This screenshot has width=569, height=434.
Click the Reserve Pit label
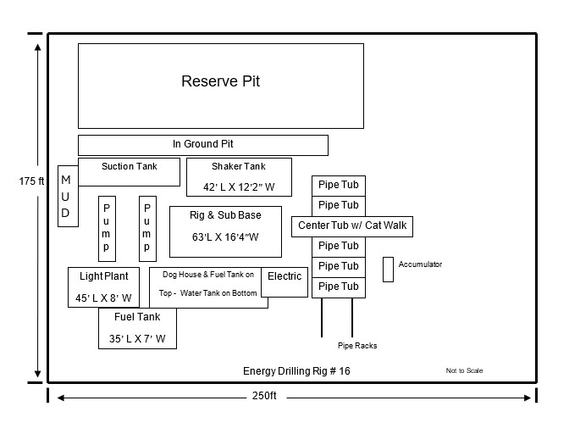pos(220,82)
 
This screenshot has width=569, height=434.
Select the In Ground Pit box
pos(202,145)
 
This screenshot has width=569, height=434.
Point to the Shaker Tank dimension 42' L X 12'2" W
pos(239,187)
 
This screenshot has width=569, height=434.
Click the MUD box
pos(66,197)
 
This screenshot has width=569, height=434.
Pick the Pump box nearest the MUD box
pos(107,229)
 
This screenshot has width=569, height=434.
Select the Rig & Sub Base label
pos(225,215)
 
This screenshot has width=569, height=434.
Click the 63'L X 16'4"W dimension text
pos(225,237)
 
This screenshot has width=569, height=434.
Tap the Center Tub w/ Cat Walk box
pos(352,225)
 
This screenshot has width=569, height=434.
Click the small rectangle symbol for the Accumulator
pos(388,270)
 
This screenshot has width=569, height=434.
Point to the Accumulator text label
pos(420,264)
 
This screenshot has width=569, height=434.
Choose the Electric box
pos(284,276)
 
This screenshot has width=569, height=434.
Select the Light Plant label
pos(103,276)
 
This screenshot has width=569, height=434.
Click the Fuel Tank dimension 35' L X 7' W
pos(142,339)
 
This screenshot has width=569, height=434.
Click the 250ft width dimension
pos(263,397)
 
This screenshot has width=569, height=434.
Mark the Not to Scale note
pos(465,370)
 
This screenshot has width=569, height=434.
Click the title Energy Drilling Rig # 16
pos(296,370)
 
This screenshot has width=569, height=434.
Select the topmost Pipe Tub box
pos(338,185)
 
